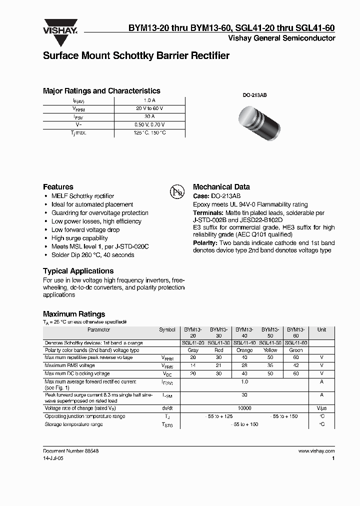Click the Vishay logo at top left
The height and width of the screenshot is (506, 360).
59,27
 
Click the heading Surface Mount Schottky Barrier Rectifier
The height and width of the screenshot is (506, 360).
136,56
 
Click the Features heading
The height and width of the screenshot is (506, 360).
58,186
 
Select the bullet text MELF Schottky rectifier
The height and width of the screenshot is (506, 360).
82,196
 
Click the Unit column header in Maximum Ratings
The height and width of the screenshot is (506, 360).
321,330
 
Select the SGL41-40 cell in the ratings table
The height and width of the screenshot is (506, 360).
245,343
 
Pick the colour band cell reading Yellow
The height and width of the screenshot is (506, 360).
270,350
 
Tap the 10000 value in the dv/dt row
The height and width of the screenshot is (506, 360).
244,408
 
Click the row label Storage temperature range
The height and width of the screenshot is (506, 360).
73,424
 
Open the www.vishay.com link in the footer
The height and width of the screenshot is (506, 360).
316,450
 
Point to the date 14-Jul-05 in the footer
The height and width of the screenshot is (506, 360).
53,458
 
